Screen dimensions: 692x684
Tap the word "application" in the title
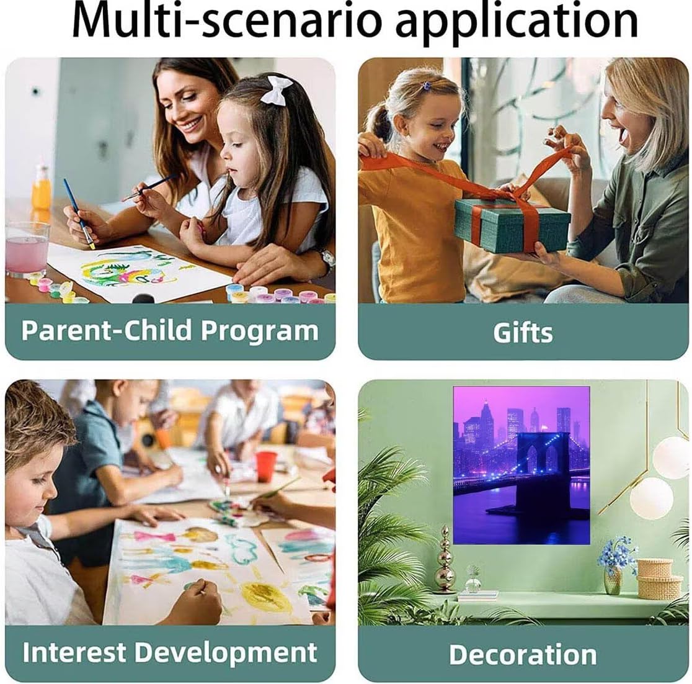(517, 22)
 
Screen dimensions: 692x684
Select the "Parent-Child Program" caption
(170, 330)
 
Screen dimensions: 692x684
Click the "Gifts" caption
(523, 332)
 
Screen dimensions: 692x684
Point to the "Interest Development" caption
(170, 652)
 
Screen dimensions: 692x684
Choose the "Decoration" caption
(523, 654)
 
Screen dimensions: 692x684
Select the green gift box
(512, 225)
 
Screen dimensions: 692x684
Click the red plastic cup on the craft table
(266, 467)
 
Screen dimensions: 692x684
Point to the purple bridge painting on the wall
(521, 466)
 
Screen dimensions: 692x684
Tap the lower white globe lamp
(652, 498)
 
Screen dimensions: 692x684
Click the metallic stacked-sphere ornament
(445, 560)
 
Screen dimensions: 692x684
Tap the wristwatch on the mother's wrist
(327, 258)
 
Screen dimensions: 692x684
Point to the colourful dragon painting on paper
(128, 269)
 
